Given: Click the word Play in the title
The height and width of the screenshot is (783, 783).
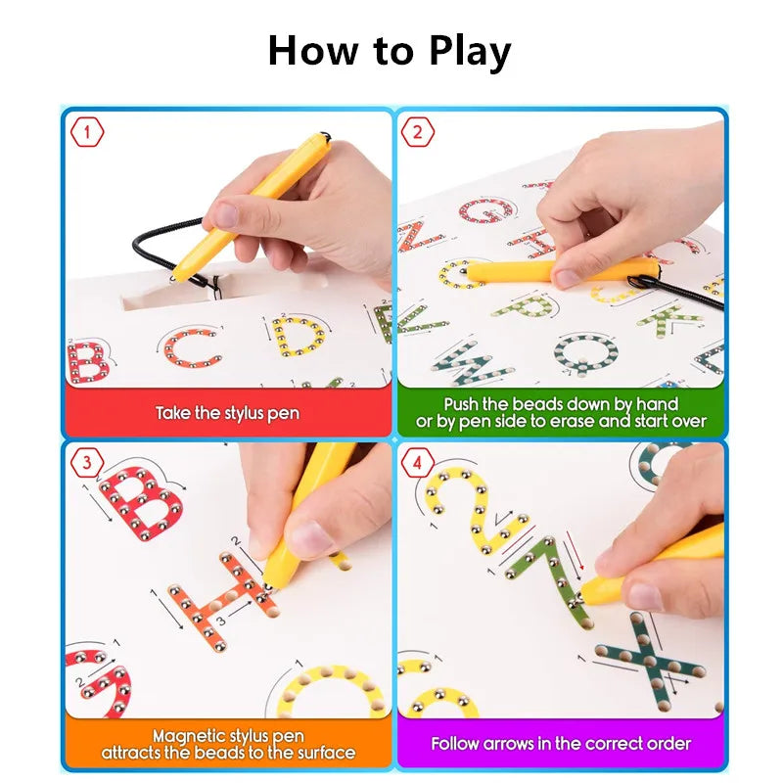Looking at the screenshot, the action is [x=470, y=52].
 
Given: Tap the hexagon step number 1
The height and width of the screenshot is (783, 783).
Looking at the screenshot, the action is [x=87, y=132].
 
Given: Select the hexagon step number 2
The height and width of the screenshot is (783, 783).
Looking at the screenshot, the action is [x=418, y=132].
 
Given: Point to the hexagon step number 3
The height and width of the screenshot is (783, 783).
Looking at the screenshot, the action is [x=87, y=462].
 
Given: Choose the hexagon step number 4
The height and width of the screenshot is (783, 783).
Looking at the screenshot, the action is [x=418, y=463].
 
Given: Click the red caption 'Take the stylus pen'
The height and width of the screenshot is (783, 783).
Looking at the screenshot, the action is [x=227, y=413].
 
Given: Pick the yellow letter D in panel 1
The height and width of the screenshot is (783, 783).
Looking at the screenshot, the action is [x=298, y=337].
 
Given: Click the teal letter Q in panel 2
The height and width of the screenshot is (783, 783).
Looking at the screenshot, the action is [x=585, y=353].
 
